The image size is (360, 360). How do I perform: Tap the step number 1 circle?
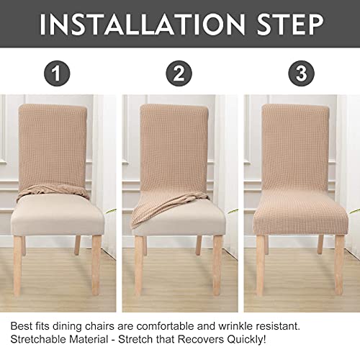pyautogui.click(x=58, y=74)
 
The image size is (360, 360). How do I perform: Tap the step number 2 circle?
pyautogui.click(x=180, y=74)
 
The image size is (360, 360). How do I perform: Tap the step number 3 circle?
pyautogui.click(x=301, y=74)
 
